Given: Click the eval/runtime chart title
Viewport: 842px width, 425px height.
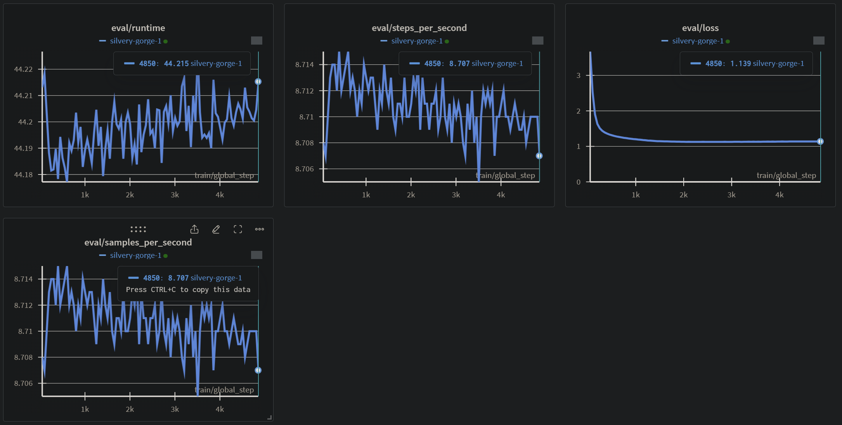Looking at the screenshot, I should point(138,28).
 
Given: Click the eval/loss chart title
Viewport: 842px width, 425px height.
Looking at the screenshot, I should point(700,28).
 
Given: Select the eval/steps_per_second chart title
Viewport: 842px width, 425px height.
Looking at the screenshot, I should point(419,28).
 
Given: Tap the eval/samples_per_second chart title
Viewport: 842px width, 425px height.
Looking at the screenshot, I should point(138,242).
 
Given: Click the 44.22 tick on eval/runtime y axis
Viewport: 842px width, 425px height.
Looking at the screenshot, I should point(23,69).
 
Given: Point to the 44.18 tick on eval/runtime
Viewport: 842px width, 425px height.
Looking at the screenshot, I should point(23,174).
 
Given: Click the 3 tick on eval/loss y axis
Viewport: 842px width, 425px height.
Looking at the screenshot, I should point(578,76).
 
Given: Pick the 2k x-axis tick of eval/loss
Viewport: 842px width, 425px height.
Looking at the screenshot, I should point(683,195).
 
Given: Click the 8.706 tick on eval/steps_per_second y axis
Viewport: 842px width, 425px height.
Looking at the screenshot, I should point(304,169).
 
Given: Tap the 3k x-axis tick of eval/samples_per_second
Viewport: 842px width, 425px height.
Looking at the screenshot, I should point(175,409).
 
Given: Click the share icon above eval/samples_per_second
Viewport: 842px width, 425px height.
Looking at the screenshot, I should point(194,230).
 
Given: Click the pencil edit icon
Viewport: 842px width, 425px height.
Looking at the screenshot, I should point(216,230).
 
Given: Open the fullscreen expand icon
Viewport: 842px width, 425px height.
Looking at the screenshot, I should point(238,230).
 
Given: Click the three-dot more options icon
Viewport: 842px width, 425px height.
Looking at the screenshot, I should point(260,230).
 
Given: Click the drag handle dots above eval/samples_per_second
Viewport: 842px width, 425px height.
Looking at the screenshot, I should point(138,230).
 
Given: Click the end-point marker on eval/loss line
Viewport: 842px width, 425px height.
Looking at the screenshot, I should point(820,142).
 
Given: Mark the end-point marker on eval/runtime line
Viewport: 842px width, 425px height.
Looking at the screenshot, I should point(258,81).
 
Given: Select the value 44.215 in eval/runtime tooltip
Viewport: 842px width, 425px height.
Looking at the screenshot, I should point(176,64).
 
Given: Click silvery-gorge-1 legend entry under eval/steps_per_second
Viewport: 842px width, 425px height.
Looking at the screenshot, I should point(417,41).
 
